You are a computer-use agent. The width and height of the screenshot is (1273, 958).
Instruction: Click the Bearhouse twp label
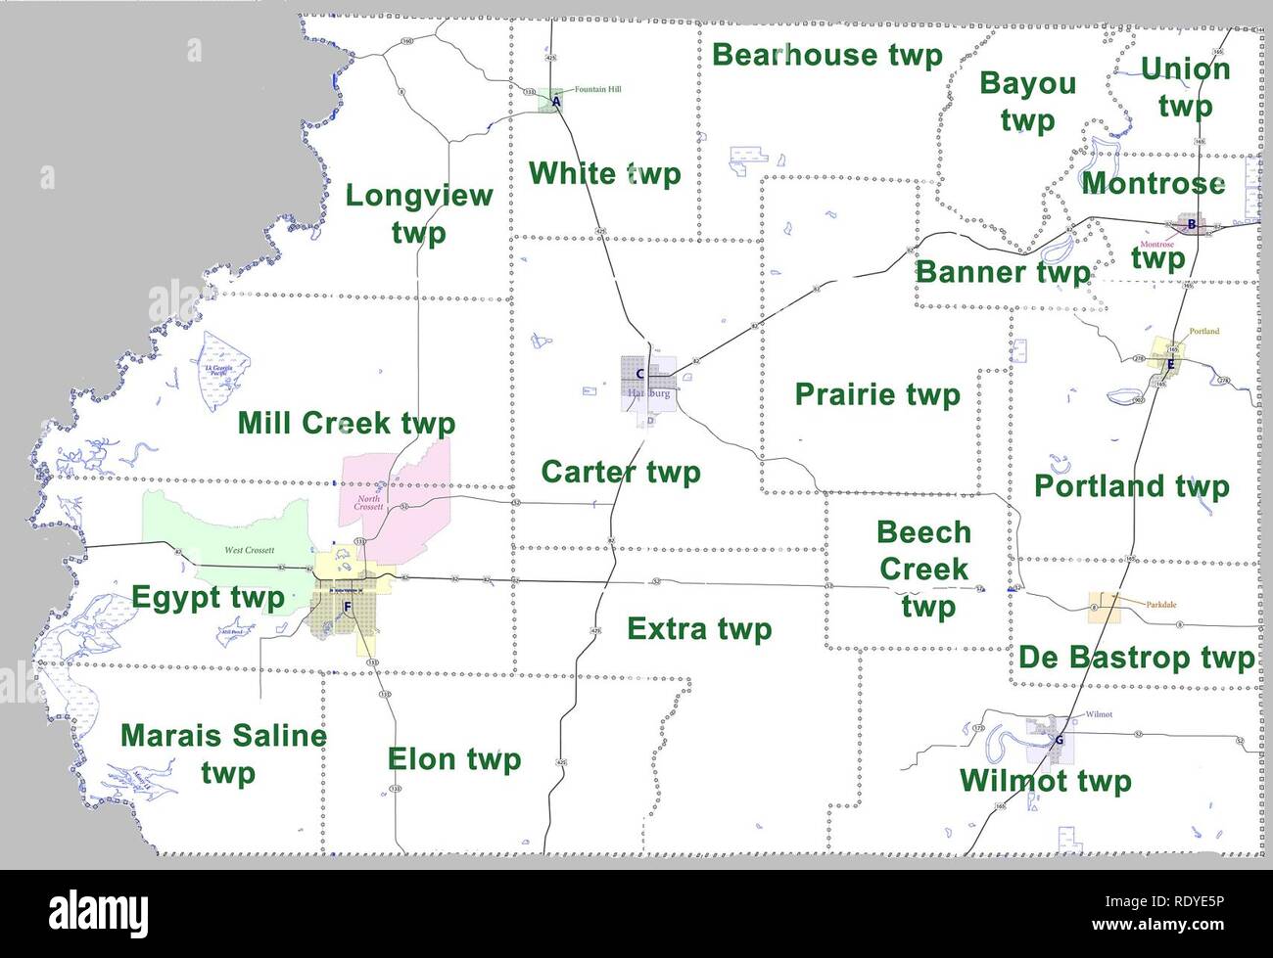click(826, 55)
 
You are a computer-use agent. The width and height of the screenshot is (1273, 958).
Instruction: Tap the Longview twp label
click(418, 213)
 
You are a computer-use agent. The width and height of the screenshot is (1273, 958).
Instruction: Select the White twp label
click(604, 174)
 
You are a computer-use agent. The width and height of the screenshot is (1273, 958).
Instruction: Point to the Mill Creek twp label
click(347, 424)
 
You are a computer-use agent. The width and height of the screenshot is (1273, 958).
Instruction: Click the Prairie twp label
click(877, 394)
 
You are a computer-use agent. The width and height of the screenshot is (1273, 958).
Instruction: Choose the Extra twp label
click(699, 628)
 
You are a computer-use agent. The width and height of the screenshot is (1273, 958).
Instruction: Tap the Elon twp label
click(454, 759)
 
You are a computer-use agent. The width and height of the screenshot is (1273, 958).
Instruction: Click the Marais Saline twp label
click(223, 753)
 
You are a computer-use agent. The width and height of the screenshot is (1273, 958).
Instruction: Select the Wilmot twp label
click(1045, 781)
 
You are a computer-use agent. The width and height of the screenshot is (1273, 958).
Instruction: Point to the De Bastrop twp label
click(1136, 658)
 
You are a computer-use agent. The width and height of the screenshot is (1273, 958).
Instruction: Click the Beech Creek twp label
click(924, 570)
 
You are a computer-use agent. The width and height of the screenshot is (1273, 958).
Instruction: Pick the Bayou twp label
click(1027, 102)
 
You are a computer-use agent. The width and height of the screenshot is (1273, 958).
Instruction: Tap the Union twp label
click(1185, 86)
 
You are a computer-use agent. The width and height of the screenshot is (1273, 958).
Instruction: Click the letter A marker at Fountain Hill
click(556, 101)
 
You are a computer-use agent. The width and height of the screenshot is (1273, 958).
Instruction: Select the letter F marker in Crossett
click(347, 607)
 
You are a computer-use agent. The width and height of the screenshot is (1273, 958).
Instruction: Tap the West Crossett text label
click(249, 550)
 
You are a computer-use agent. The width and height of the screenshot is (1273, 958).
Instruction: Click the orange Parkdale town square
click(1104, 608)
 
